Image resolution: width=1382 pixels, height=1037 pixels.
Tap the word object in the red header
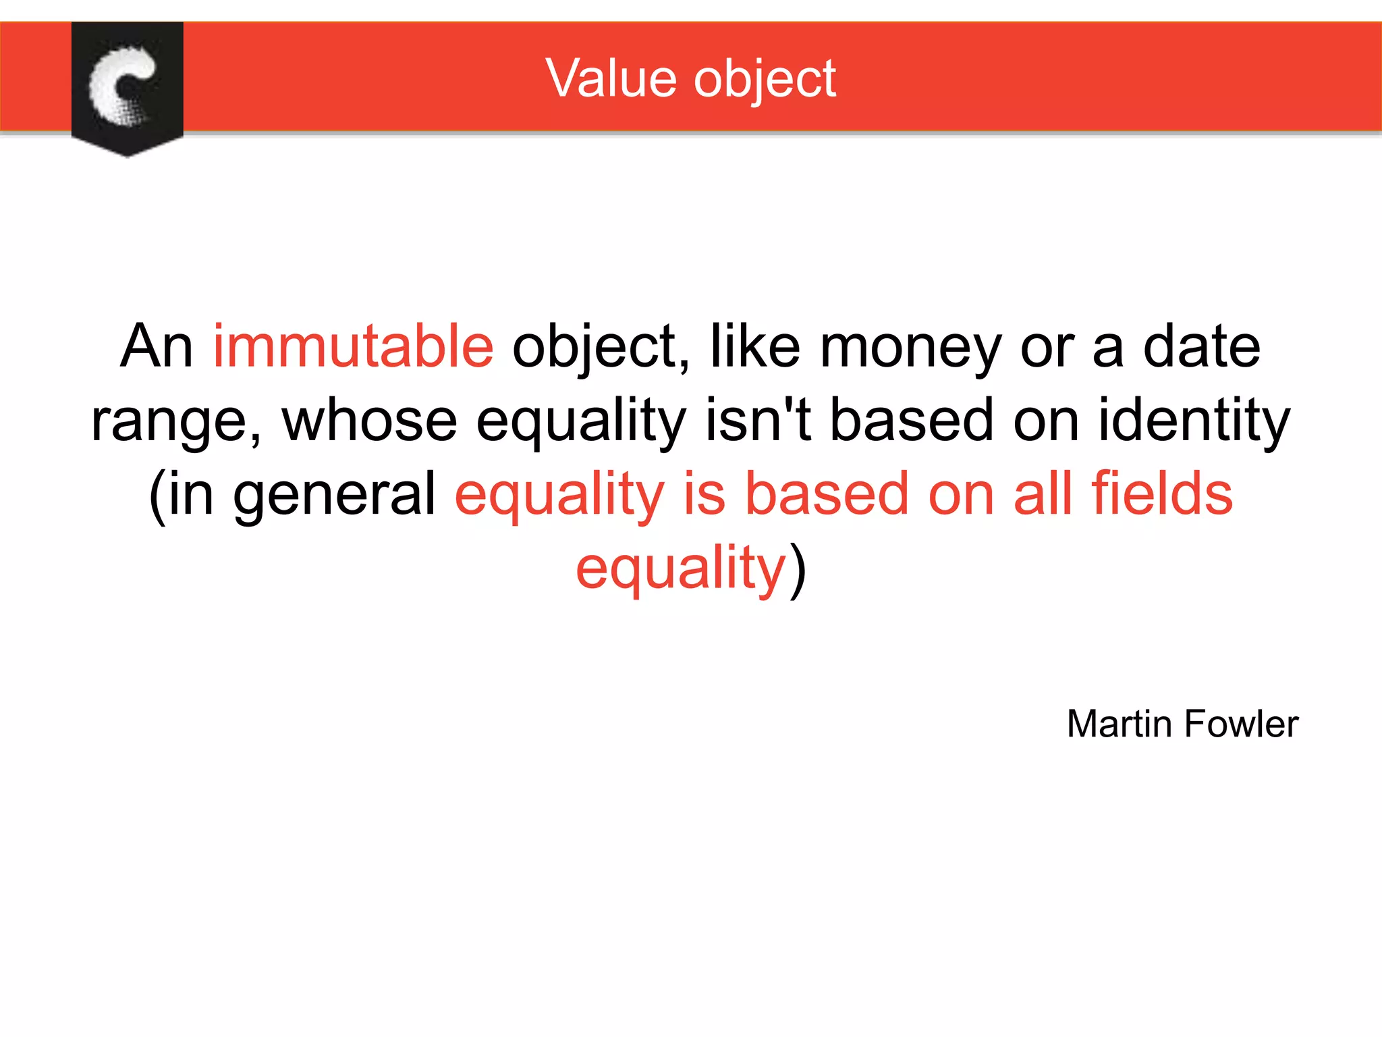pyautogui.click(x=765, y=80)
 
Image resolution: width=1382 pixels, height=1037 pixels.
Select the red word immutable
pyautogui.click(x=353, y=346)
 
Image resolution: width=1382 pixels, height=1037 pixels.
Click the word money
pyautogui.click(x=910, y=346)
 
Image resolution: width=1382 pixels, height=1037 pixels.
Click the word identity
pyautogui.click(x=1194, y=421)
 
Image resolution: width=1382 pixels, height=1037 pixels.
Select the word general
pyautogui.click(x=335, y=495)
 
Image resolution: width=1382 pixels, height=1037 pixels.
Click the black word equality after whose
pyautogui.click(x=581, y=421)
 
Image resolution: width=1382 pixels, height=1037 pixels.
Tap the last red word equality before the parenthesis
pyautogui.click(x=681, y=568)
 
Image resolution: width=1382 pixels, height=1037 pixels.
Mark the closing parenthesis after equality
pyautogui.click(x=798, y=568)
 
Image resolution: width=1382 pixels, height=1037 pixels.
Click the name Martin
pyautogui.click(x=1120, y=724)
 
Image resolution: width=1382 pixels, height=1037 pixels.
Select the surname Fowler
pyautogui.click(x=1241, y=724)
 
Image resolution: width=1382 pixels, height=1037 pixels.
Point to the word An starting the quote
pyautogui.click(x=157, y=346)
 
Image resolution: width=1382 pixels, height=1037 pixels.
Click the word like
pyautogui.click(x=755, y=346)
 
